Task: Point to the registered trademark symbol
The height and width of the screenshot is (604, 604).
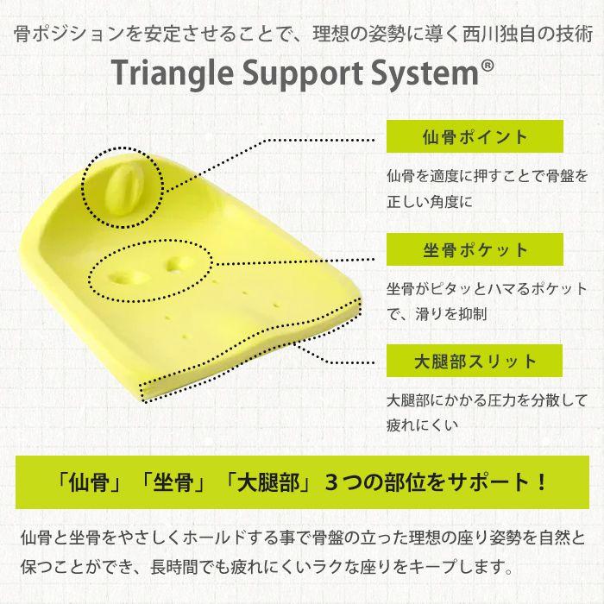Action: tap(487, 66)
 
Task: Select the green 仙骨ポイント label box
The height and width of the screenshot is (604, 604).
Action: tap(475, 137)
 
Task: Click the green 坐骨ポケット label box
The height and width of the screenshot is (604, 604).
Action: tap(475, 249)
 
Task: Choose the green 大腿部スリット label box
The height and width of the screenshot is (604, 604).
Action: tap(475, 362)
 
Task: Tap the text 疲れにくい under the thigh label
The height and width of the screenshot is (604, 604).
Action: tap(422, 425)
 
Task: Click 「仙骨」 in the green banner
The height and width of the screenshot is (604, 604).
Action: tap(89, 480)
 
